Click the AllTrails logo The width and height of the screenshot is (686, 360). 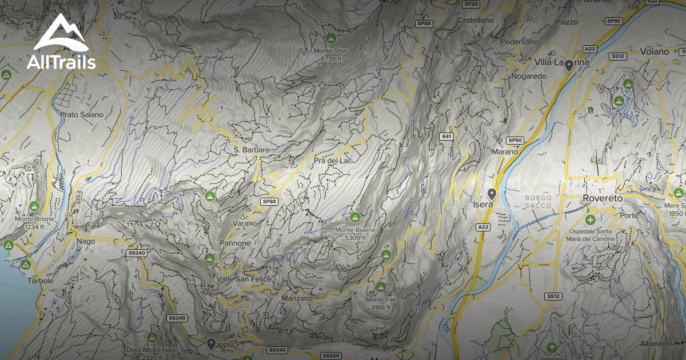[x=61, y=42]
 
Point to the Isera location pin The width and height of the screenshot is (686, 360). [x=492, y=194]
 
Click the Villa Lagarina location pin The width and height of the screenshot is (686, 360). [x=569, y=65]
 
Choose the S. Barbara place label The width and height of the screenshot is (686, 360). [x=251, y=150]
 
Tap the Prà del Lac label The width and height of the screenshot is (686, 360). [x=332, y=161]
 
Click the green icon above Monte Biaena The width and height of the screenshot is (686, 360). [x=355, y=217]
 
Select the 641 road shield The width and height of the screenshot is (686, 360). [x=446, y=137]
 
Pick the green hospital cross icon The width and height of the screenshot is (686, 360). [x=590, y=219]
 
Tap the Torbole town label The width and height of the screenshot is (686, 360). [x=40, y=281]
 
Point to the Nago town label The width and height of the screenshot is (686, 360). [x=85, y=241]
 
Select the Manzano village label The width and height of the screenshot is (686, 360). [x=297, y=298]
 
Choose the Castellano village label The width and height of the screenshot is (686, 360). [x=474, y=20]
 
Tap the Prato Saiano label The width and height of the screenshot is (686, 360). [x=82, y=114]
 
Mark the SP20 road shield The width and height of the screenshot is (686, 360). [x=471, y=4]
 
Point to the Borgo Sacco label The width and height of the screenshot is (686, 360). [x=538, y=202]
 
